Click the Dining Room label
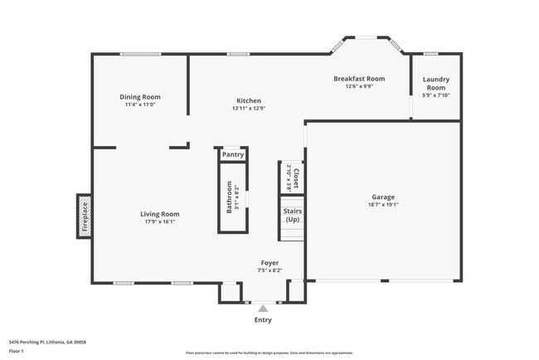[x=140, y=97]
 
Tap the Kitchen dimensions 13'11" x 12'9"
[x=248, y=108]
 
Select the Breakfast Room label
[x=359, y=78]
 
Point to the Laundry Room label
[x=435, y=84]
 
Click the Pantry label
[x=233, y=153]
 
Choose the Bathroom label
[x=229, y=198]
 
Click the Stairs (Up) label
[x=292, y=215]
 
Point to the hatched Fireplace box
[x=85, y=216]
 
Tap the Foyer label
[x=269, y=262]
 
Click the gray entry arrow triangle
[x=263, y=308]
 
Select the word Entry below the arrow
[x=263, y=319]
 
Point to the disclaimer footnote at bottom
[x=269, y=353]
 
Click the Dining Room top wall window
[x=140, y=55]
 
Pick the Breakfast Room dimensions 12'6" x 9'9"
[x=359, y=85]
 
